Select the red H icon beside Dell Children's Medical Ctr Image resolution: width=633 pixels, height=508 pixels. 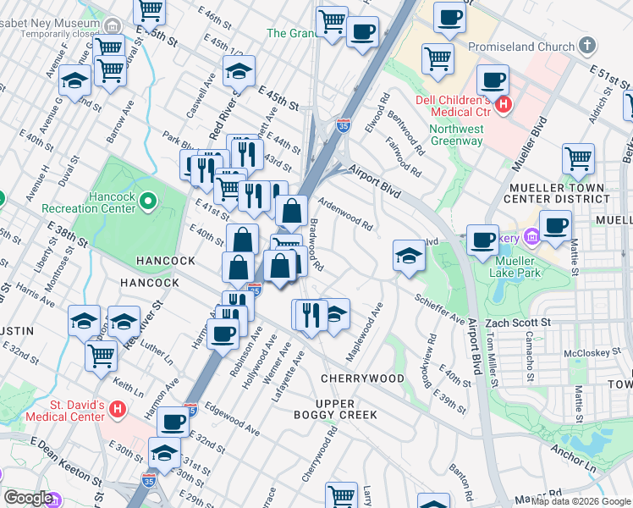[504, 106]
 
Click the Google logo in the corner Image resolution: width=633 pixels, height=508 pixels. [28, 498]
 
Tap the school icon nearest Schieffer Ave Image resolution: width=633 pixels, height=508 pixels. [408, 256]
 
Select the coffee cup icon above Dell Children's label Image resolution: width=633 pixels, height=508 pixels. [492, 80]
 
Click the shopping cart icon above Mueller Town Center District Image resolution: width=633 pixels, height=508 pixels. [578, 157]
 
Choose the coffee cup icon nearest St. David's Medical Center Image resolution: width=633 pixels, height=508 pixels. [173, 420]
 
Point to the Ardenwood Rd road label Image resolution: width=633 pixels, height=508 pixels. [345, 213]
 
